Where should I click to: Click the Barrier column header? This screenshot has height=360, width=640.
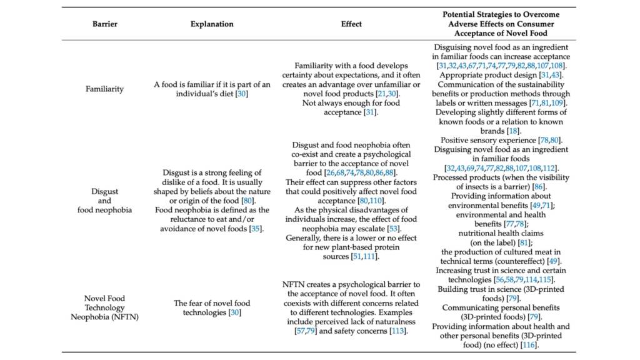point(105,24)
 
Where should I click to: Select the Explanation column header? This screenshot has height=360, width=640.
point(212,24)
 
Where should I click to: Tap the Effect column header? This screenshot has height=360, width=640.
point(351,24)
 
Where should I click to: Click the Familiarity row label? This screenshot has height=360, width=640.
point(105,89)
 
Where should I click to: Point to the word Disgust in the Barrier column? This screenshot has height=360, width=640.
point(105,191)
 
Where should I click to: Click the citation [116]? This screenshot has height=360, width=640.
point(529,344)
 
